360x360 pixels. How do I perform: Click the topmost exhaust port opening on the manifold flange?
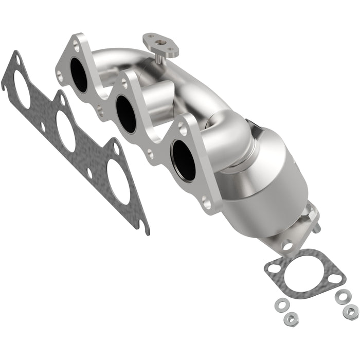[x=79, y=75]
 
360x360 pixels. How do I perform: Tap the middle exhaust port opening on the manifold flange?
[x=125, y=114]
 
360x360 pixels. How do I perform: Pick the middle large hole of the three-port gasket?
[x=65, y=131]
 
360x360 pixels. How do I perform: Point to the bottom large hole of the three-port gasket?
[x=118, y=181]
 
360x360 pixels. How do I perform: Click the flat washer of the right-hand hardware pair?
[x=341, y=296]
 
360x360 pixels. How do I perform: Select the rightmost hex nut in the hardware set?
[x=351, y=311]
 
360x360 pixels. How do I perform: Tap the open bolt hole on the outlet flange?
[x=287, y=245]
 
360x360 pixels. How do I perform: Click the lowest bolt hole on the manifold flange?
[x=207, y=204]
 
